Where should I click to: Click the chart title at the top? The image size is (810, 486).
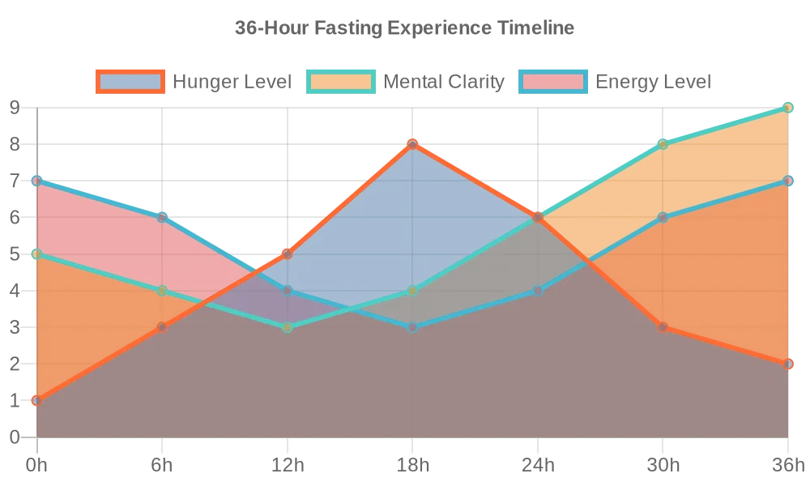405,30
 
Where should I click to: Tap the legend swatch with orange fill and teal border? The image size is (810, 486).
341,81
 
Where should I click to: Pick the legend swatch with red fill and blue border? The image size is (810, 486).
553,81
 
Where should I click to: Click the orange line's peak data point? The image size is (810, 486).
412,144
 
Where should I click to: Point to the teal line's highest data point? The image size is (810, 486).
788,107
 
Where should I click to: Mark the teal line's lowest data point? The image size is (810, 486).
288,327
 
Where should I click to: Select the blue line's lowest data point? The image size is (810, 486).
412,327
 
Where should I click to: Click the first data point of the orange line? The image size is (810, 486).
36,401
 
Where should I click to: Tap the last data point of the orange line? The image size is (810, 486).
788,364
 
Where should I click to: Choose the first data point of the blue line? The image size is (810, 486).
36,181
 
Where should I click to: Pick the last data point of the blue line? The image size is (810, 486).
788,181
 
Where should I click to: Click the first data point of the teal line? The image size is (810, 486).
36,254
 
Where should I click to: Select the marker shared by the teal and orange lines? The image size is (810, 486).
538,217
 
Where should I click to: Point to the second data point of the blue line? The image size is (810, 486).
162,217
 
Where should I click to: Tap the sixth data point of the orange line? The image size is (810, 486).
663,327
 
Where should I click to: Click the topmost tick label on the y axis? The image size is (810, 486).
12,107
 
